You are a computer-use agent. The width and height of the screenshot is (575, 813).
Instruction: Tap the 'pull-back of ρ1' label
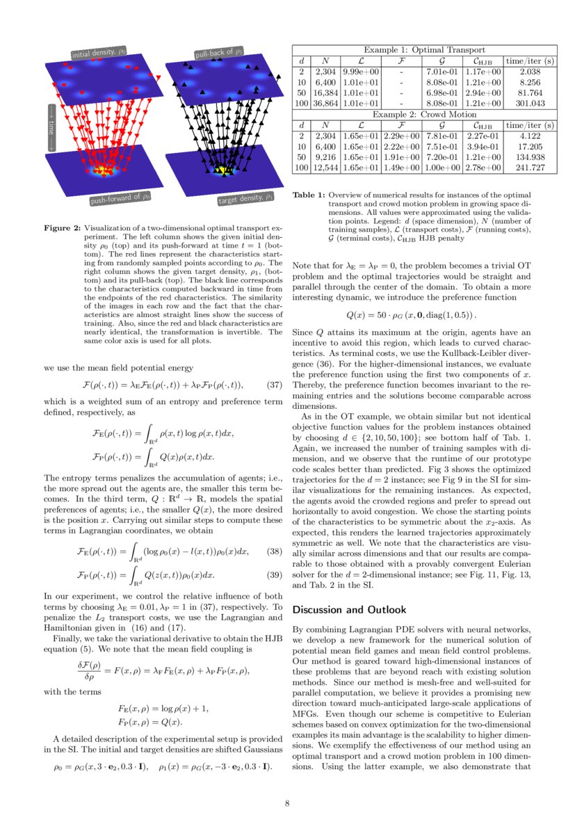click(218, 52)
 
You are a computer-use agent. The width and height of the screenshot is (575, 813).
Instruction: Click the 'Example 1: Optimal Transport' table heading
click(424, 50)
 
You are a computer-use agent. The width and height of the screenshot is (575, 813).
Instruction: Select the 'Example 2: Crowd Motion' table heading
click(424, 114)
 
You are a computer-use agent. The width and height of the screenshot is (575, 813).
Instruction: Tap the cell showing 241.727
click(530, 168)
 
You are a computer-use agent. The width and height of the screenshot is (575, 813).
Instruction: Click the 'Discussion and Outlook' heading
click(349, 610)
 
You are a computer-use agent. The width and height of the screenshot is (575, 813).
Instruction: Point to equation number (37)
click(274, 385)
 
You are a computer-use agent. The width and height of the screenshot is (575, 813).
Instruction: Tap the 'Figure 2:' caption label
click(62, 228)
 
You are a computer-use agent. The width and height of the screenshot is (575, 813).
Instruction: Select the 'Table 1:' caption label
click(309, 196)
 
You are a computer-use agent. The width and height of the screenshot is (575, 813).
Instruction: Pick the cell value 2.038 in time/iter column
click(530, 72)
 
